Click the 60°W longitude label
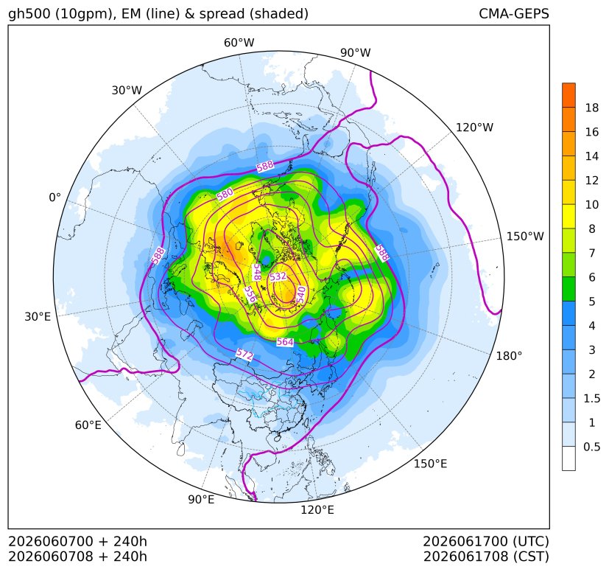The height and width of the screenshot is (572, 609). coord(239,43)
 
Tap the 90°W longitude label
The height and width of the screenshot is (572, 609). coord(356,52)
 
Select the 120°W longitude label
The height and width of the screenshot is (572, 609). coord(474,128)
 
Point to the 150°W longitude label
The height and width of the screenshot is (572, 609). coord(525,236)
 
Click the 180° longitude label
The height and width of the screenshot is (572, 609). coord(509,355)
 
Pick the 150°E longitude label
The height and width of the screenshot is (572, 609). coord(430,464)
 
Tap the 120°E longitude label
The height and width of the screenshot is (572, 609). coord(317,509)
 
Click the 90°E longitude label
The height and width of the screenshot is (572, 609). coord(201,499)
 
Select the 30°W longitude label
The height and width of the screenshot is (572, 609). coord(127,90)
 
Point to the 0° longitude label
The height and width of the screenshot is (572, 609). coord(54,198)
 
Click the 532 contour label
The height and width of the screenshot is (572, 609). coord(278,276)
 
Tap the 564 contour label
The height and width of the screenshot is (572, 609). coord(285,342)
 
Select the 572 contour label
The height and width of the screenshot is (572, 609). coord(244,355)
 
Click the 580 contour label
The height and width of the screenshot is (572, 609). coord(225,194)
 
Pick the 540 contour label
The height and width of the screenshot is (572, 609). coord(301,294)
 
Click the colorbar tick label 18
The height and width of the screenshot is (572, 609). coord(592,108)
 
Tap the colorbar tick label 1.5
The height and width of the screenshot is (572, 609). coord(591,398)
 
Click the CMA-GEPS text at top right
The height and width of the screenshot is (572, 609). coord(514,13)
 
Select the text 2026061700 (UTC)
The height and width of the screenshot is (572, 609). coord(486,541)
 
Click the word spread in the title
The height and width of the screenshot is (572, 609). coord(222,14)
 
